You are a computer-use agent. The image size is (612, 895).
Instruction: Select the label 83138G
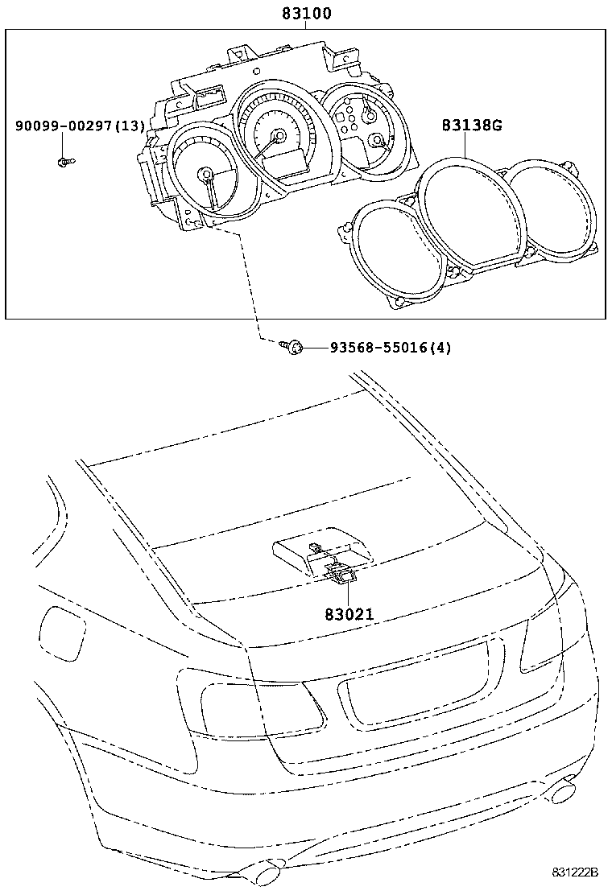point(471,126)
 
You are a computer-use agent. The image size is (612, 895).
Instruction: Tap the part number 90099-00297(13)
point(80,126)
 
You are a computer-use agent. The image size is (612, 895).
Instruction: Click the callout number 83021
point(349,614)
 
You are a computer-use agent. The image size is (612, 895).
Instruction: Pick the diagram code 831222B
point(575,872)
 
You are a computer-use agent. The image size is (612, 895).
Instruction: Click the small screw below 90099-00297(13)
point(64,162)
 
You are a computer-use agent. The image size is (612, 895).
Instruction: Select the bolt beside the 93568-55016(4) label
point(292,347)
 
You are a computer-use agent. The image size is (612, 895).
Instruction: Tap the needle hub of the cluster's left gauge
point(205,174)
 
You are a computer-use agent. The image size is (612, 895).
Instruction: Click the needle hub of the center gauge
point(279,136)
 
